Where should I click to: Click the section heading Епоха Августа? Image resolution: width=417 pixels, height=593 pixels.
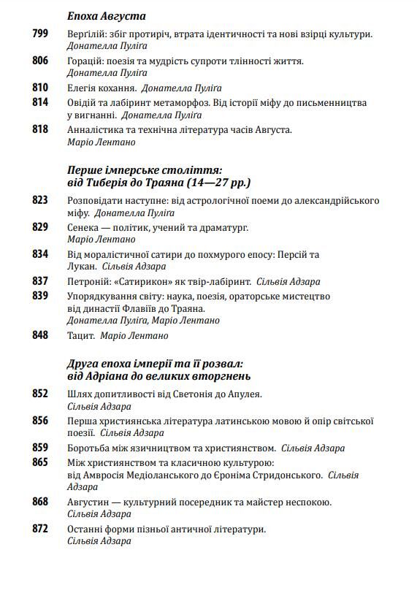106,15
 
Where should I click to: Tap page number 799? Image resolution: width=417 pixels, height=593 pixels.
40,34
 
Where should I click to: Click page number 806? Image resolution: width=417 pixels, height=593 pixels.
40,61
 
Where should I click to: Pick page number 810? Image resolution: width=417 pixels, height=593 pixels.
40,88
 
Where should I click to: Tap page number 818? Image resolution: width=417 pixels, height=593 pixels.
40,130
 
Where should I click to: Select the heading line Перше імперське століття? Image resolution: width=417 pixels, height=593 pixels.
144,168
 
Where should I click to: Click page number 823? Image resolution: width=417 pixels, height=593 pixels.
40,200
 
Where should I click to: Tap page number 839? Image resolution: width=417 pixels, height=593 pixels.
40,296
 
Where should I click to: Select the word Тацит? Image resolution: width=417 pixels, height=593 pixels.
81,335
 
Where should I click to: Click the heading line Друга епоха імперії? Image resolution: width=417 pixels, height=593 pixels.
154,362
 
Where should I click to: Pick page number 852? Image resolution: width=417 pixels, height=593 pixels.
40,394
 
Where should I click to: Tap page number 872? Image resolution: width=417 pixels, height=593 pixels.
40,529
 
